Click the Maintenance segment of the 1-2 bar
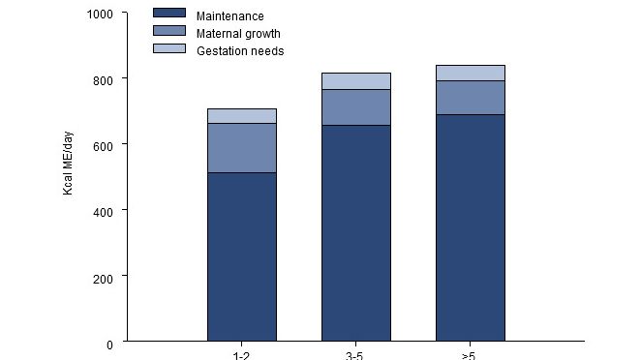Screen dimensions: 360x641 coord(242,256)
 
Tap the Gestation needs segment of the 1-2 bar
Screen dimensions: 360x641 coord(242,116)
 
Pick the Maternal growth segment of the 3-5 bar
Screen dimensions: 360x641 coord(356,107)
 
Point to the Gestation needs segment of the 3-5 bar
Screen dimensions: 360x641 coord(356,81)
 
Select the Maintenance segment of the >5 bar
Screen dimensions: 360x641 coord(471,227)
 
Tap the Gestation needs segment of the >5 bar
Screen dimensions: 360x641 coord(471,73)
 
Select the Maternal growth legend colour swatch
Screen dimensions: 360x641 coord(169,32)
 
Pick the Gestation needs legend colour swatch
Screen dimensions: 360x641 coord(169,48)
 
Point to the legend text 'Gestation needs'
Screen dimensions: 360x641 coord(240,50)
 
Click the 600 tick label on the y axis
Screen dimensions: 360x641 coord(103,145)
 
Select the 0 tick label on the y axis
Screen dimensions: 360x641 coord(109,344)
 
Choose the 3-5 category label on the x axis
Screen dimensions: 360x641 coord(355,356)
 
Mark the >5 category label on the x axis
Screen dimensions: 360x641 coord(470,356)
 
